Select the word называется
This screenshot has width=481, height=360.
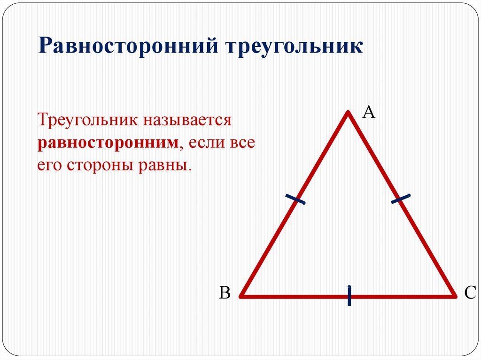(187, 120)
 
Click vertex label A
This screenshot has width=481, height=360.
(369, 112)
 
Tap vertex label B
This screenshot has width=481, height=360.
(225, 292)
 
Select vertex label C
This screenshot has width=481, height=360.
(470, 292)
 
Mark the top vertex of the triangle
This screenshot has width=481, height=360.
(348, 112)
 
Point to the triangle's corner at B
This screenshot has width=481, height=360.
(241, 297)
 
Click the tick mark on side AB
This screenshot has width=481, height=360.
(295, 199)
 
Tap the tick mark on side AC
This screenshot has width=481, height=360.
(401, 199)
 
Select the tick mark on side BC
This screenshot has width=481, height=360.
(349, 296)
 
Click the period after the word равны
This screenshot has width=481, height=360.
(190, 170)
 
